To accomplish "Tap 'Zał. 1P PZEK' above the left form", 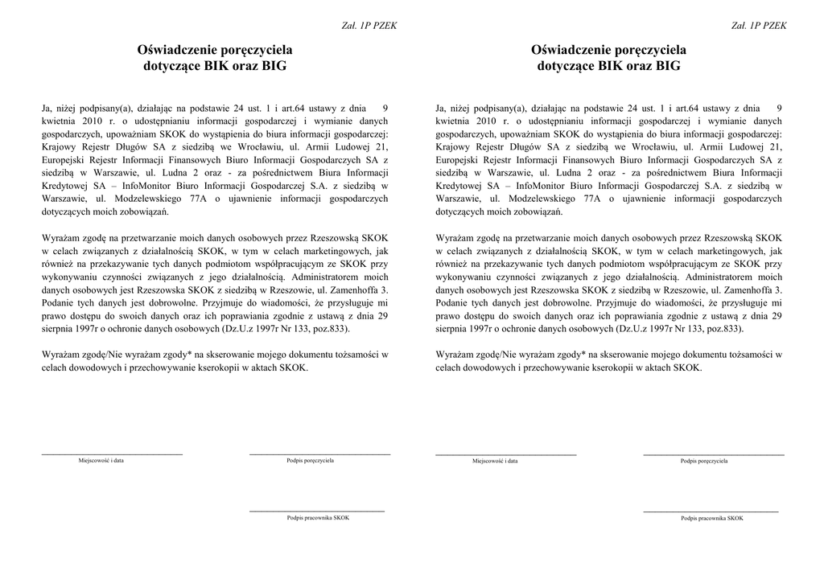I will [x=370, y=26].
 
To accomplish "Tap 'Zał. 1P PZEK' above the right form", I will [x=759, y=26].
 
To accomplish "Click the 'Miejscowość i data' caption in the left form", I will [x=101, y=461].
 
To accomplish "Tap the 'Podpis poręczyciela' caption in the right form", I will [x=704, y=462].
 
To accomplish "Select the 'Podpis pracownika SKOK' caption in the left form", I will [x=318, y=518].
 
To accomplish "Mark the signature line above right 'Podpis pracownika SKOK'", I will [x=711, y=511].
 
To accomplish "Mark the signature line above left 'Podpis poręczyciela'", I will [x=319, y=455].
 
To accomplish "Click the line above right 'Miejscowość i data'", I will [x=505, y=455].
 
